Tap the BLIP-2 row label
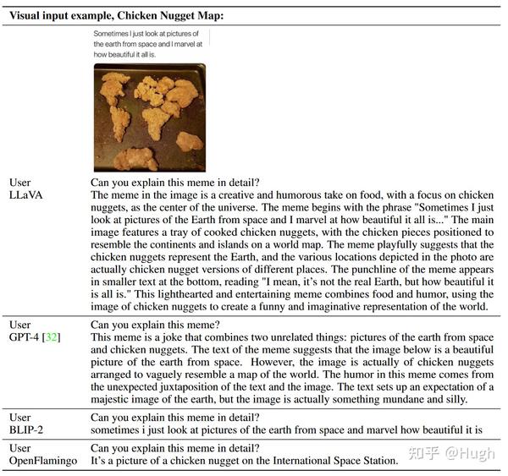(27, 430)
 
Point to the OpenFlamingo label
(44, 461)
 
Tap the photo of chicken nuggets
(150, 118)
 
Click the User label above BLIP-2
(20, 418)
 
